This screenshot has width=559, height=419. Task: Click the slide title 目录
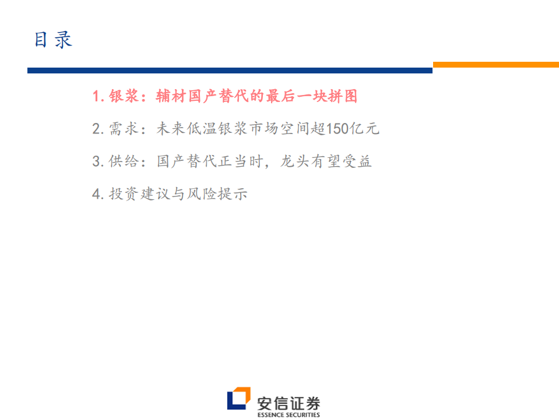pos(53,40)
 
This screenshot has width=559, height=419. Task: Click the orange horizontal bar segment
pos(495,65)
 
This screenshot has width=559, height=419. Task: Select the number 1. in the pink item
pos(98,97)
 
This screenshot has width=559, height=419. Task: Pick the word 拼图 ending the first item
pos(343,97)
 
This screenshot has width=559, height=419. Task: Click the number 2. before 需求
pos(98,129)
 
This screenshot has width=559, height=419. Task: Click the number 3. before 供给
pos(98,161)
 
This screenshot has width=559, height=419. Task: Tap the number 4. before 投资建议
pos(98,193)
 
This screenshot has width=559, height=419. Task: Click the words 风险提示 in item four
pos(218,193)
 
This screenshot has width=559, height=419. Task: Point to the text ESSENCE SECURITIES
pos(289,415)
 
